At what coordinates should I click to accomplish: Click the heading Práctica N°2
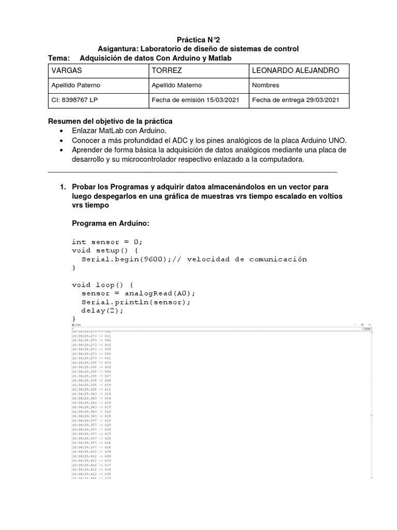(x=198, y=39)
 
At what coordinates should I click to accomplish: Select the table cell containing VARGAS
(x=98, y=70)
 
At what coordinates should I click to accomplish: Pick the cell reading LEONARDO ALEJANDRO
(x=298, y=70)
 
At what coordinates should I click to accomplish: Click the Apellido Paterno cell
(x=98, y=85)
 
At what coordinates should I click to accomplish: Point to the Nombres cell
(x=298, y=85)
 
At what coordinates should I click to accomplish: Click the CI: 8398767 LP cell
(x=98, y=100)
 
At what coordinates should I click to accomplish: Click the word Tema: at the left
(x=58, y=58)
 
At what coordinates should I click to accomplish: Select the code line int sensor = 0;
(x=106, y=242)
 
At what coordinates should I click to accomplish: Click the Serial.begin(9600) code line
(x=194, y=259)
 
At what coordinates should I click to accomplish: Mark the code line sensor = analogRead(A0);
(x=139, y=293)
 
